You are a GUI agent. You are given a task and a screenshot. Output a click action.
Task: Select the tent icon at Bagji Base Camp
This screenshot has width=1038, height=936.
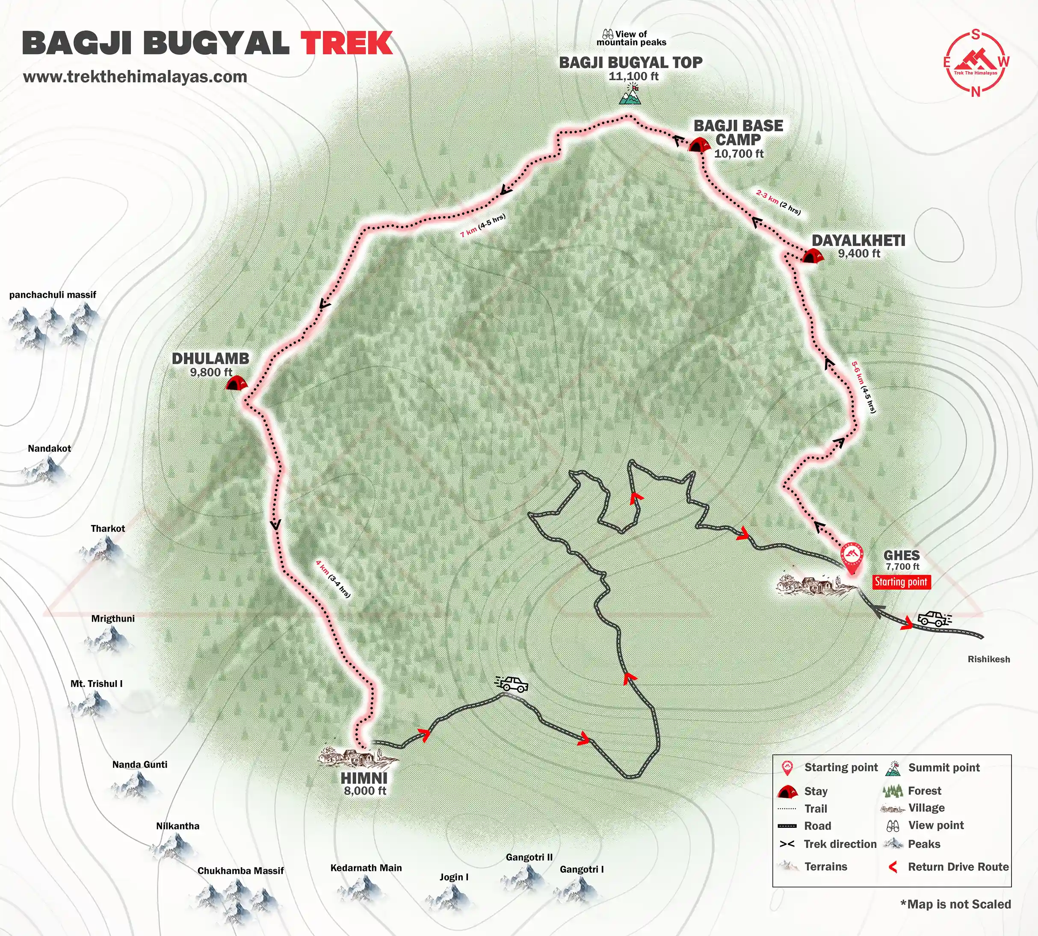click(698, 145)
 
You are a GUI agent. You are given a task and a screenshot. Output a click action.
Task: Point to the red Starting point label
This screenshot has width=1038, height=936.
click(901, 582)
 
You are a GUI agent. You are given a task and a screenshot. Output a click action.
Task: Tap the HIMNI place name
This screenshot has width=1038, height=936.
click(364, 778)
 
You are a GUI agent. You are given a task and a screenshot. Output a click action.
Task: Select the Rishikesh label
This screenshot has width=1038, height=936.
click(988, 659)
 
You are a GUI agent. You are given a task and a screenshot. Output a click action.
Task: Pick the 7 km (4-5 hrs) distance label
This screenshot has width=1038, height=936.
click(483, 225)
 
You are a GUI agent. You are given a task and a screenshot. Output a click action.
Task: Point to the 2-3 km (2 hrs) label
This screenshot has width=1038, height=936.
click(778, 201)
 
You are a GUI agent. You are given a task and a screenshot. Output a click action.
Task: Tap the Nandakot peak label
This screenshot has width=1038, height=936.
click(49, 448)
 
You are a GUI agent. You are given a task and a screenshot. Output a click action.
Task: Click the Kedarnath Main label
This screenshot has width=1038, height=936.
click(366, 868)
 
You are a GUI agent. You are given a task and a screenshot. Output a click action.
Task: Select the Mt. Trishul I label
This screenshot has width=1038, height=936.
click(96, 684)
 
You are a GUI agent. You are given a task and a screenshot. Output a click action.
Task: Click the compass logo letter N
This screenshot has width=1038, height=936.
click(975, 92)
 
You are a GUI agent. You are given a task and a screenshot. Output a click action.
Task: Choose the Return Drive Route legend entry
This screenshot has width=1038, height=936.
click(958, 867)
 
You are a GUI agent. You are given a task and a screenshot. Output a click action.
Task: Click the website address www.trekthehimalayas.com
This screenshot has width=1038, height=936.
click(135, 77)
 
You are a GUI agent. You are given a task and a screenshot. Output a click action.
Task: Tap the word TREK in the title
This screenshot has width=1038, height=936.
click(347, 43)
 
